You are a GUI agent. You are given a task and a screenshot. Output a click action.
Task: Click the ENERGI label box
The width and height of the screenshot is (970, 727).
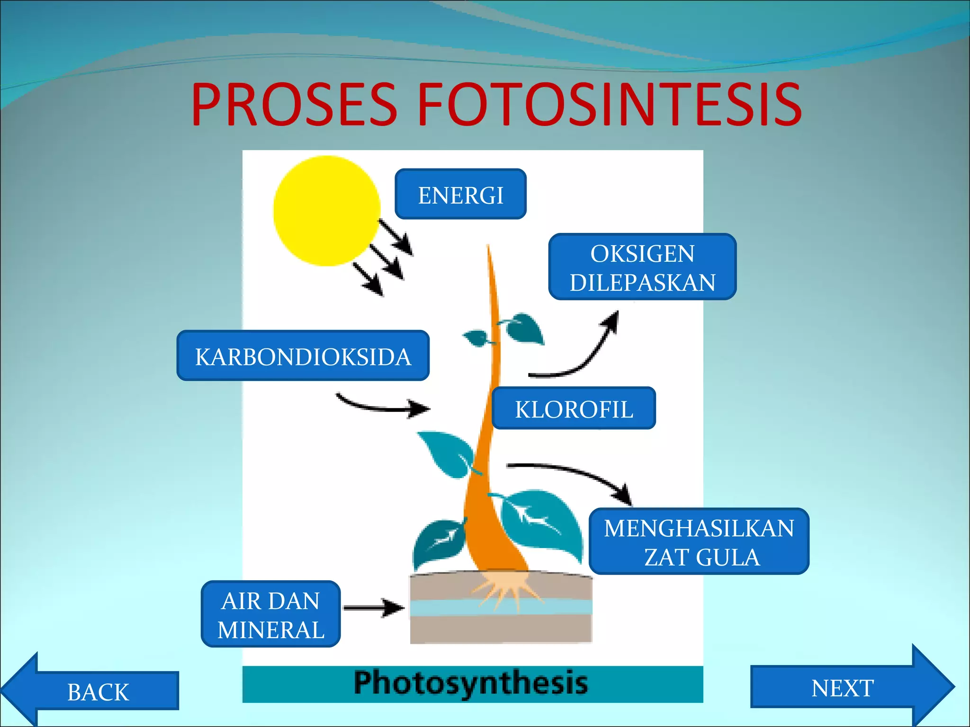(460, 194)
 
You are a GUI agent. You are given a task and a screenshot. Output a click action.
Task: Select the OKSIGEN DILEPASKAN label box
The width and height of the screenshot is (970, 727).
(642, 267)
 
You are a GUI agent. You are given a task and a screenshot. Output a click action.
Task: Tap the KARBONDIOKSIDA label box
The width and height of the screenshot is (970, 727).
(303, 356)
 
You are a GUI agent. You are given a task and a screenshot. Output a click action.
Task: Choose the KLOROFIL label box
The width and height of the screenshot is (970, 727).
(574, 408)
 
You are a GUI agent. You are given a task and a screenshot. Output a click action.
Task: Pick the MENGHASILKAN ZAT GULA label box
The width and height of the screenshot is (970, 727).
(699, 541)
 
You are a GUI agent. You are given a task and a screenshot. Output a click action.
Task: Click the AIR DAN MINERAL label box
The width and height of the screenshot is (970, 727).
(271, 614)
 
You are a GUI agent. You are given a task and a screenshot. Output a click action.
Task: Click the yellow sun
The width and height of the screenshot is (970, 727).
(326, 211)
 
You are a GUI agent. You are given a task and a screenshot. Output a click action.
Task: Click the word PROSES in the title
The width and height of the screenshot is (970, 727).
(294, 105)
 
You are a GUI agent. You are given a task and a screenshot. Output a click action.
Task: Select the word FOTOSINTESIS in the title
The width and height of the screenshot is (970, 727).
(609, 105)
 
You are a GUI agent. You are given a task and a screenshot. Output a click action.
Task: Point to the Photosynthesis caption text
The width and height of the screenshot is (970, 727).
(471, 683)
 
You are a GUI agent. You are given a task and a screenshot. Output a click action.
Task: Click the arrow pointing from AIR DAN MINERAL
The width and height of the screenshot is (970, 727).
(374, 608)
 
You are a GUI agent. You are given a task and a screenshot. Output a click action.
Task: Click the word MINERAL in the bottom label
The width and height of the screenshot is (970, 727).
(271, 629)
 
